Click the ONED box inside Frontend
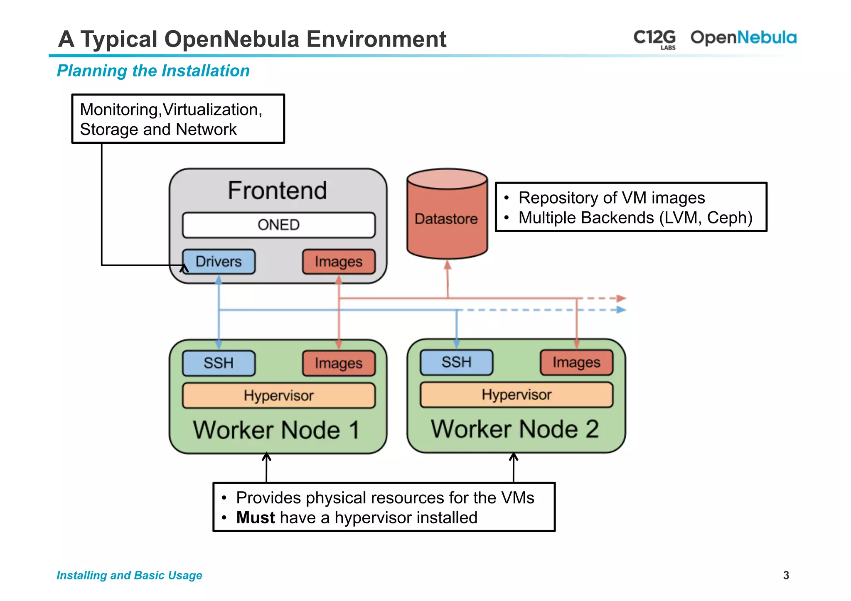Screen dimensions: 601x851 [x=278, y=225]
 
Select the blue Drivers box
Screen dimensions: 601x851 [x=219, y=262]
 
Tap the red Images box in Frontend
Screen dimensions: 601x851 [x=338, y=262]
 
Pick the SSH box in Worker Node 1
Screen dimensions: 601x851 [x=219, y=363]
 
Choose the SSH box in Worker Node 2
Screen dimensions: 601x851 [x=456, y=362]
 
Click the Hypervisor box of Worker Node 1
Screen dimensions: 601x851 [x=278, y=395]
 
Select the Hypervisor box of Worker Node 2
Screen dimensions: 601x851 [x=517, y=395]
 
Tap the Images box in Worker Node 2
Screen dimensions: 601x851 [x=576, y=362]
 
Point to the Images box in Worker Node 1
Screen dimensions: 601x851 [x=338, y=363]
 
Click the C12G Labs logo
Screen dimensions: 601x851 [x=654, y=39]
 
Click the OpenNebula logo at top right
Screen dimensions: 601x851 [x=743, y=38]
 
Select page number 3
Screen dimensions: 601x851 [x=786, y=575]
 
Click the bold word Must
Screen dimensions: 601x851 [x=255, y=518]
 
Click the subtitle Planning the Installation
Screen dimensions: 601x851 [x=153, y=71]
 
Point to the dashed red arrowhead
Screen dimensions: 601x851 [x=621, y=298]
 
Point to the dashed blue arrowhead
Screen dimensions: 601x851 [x=621, y=310]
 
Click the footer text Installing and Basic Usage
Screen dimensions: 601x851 [x=129, y=575]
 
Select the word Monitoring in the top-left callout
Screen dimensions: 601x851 [x=119, y=110]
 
